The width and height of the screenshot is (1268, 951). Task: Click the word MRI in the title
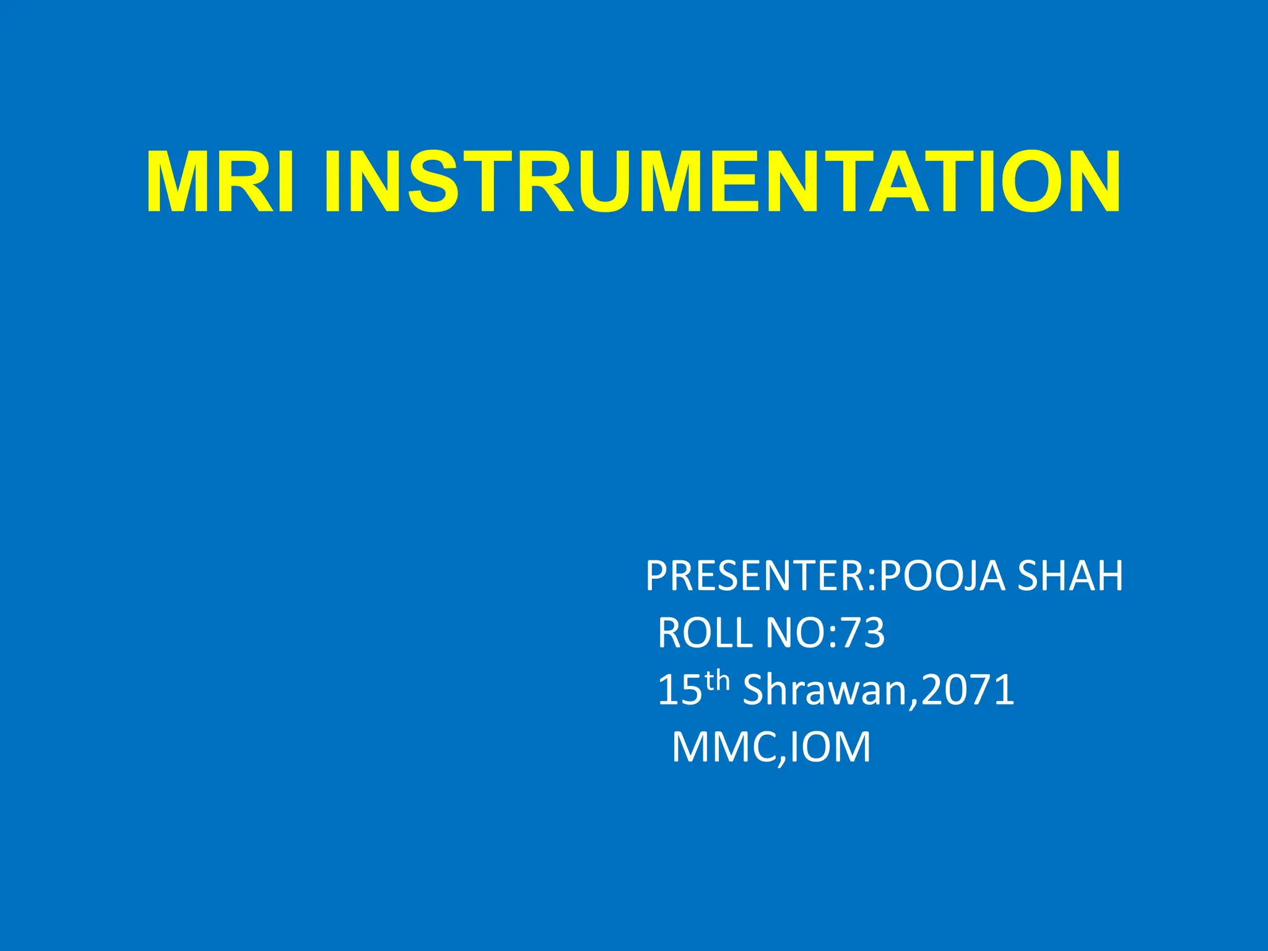(220, 183)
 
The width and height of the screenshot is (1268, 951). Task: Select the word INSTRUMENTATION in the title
(722, 183)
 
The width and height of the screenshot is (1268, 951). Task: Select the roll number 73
(864, 633)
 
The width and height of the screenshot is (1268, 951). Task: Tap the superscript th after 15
(718, 681)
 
